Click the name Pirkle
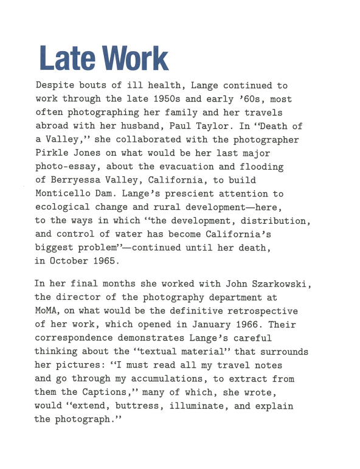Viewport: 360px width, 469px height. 52,153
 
